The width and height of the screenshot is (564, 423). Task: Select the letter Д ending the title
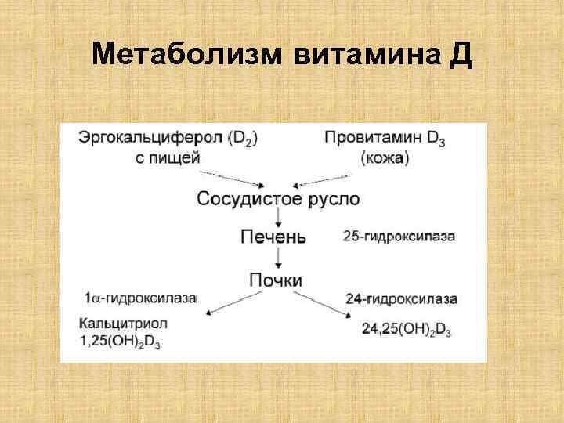click(461, 56)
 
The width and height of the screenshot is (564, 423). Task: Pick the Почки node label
click(275, 280)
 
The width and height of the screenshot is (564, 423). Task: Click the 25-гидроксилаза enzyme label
click(399, 236)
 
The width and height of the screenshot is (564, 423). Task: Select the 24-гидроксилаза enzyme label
click(400, 298)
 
